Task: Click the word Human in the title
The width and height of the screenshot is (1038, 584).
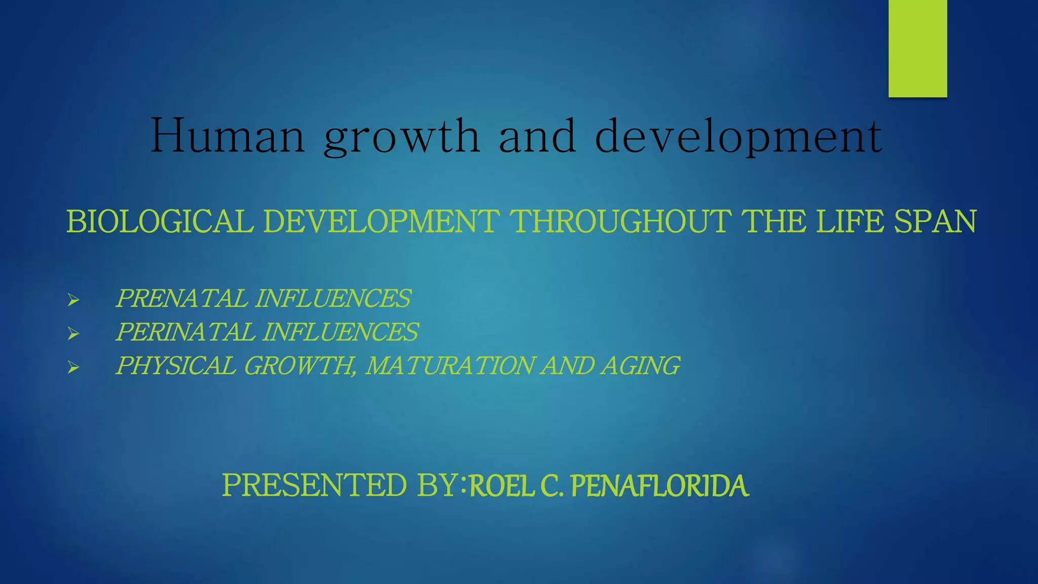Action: click(x=228, y=135)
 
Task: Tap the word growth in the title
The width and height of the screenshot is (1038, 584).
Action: click(x=401, y=137)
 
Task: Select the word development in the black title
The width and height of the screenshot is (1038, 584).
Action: click(x=738, y=137)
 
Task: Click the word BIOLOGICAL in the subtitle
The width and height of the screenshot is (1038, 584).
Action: click(x=160, y=222)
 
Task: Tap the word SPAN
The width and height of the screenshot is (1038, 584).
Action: click(x=935, y=222)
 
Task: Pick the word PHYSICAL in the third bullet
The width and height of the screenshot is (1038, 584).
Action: click(x=175, y=366)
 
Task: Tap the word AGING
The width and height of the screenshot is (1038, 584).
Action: click(x=640, y=366)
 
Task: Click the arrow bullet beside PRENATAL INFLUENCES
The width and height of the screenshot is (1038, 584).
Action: click(x=73, y=300)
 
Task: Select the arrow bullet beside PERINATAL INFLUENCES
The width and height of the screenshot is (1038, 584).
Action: click(x=73, y=334)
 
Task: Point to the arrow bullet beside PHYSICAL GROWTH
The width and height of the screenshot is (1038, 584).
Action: click(x=73, y=367)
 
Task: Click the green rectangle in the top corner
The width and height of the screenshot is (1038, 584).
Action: click(x=917, y=48)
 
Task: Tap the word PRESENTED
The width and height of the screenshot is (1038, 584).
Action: click(x=314, y=485)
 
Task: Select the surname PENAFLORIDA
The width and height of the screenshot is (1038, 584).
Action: click(x=659, y=486)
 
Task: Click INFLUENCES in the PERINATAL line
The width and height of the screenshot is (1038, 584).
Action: click(x=340, y=332)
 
